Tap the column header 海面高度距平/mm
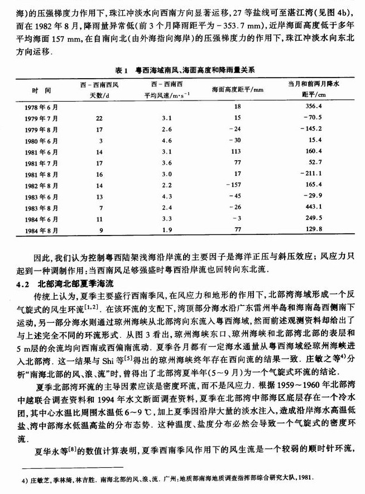237,89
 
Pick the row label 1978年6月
42,106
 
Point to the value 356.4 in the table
315,106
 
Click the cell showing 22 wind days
99,118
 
